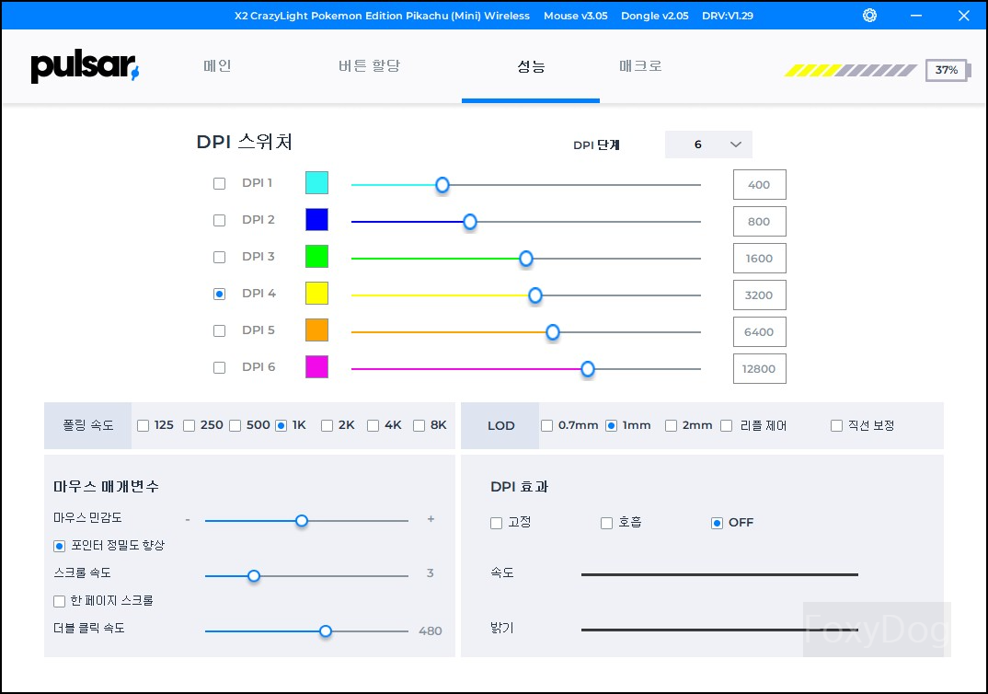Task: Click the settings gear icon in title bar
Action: click(869, 16)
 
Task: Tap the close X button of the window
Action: click(963, 16)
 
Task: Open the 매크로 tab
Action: click(640, 66)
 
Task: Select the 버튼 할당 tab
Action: click(369, 66)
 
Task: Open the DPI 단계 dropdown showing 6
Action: click(708, 145)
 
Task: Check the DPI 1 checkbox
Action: click(219, 183)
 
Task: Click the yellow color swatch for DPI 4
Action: click(316, 294)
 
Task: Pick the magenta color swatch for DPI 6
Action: click(316, 367)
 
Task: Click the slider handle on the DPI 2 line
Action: click(470, 221)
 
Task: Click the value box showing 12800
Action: click(759, 368)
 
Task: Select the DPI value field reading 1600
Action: click(759, 258)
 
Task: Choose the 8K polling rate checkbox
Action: click(419, 425)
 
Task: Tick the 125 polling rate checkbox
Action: click(144, 425)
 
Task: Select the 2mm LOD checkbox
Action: click(672, 425)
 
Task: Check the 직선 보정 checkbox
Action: click(836, 425)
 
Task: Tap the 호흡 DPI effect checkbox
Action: click(606, 523)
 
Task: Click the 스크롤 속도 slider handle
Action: click(254, 576)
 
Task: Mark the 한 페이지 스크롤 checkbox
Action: click(60, 601)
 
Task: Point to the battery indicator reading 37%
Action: click(946, 70)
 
